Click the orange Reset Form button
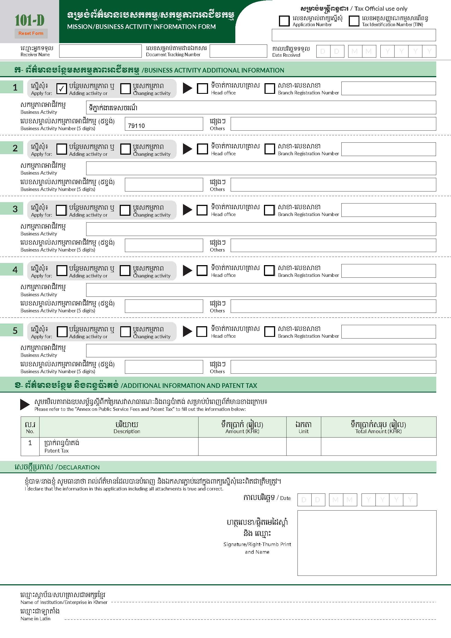coord(31,33)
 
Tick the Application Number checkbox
coord(284,21)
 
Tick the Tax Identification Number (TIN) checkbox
coord(354,21)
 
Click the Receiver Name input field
coord(100,51)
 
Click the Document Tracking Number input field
coord(238,51)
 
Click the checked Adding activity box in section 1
coord(61,89)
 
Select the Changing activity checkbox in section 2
coord(125,149)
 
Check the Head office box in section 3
coord(202,210)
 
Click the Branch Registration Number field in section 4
coord(388,271)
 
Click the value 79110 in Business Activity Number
coord(136,126)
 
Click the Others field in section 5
coord(333,367)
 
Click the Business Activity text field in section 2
coord(261,168)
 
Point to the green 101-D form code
coord(29,20)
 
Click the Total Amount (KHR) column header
coord(378,427)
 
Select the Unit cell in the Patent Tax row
coord(303,446)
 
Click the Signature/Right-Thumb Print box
coord(366,543)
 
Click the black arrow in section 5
coord(187,331)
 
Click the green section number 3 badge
coord(15,209)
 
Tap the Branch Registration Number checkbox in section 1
coord(269,89)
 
